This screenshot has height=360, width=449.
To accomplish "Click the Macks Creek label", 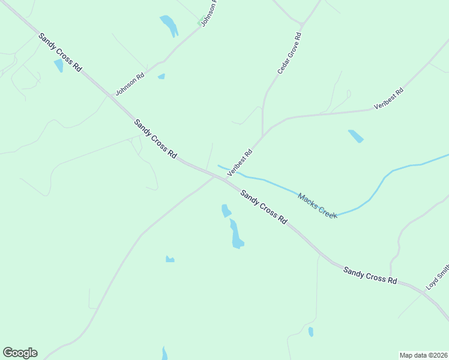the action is (318, 205).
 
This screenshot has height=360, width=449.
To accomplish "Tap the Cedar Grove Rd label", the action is (289, 53).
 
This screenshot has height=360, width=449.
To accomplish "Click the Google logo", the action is (20, 353).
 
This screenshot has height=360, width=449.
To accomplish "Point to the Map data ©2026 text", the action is (423, 355).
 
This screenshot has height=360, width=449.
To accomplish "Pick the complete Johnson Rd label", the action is (130, 85).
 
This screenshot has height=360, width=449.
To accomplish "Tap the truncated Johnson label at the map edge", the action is (208, 13).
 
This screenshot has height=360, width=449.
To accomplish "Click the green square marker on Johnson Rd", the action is (200, 23).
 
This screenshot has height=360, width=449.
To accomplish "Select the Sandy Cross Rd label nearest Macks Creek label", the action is (264, 206).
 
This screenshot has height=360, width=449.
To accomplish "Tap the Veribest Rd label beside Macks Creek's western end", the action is (240, 162).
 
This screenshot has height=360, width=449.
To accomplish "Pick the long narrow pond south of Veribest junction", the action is (236, 234).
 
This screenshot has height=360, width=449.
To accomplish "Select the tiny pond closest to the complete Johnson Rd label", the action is (161, 76).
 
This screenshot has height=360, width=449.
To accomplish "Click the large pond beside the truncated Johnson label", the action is (169, 26).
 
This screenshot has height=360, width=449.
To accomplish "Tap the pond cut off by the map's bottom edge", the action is (165, 354).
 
